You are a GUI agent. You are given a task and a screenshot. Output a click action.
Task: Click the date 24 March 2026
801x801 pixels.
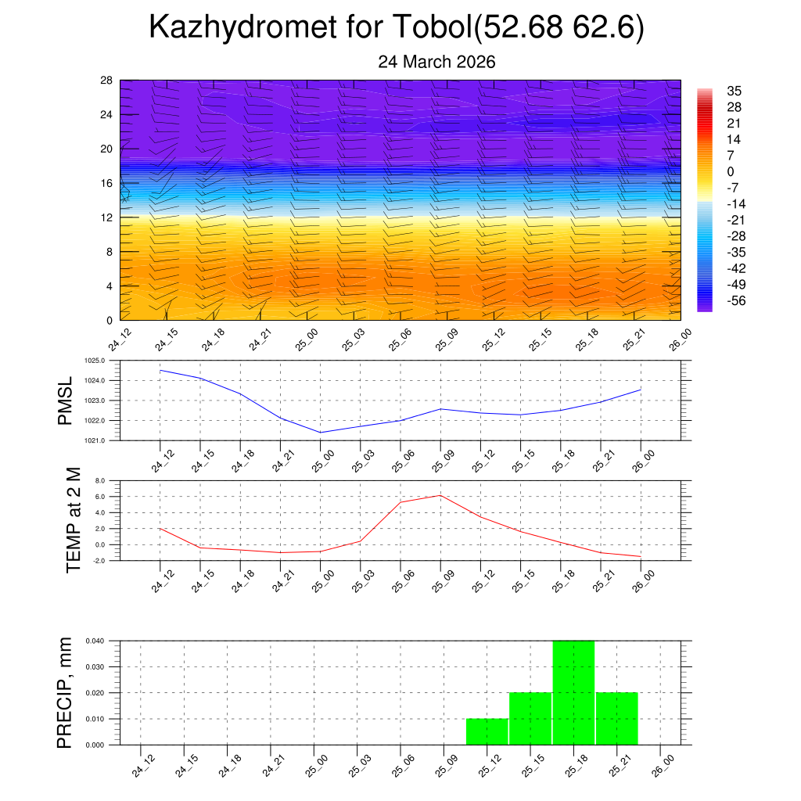[436, 62]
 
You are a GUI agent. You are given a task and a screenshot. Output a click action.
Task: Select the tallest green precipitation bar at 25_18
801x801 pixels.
[573, 692]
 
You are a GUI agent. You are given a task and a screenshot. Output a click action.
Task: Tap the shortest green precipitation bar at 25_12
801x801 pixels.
[487, 731]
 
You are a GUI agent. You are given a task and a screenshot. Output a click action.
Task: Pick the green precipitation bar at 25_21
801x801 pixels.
[616, 718]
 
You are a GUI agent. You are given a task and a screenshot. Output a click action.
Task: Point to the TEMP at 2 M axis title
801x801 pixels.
[74, 520]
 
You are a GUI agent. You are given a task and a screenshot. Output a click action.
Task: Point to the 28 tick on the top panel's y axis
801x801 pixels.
[106, 81]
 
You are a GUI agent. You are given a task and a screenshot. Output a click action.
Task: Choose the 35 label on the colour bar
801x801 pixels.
[734, 91]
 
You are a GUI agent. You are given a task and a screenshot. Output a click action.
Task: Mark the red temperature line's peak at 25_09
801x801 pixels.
[440, 495]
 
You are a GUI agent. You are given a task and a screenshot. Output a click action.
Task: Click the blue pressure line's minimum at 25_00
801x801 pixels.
[321, 432]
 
